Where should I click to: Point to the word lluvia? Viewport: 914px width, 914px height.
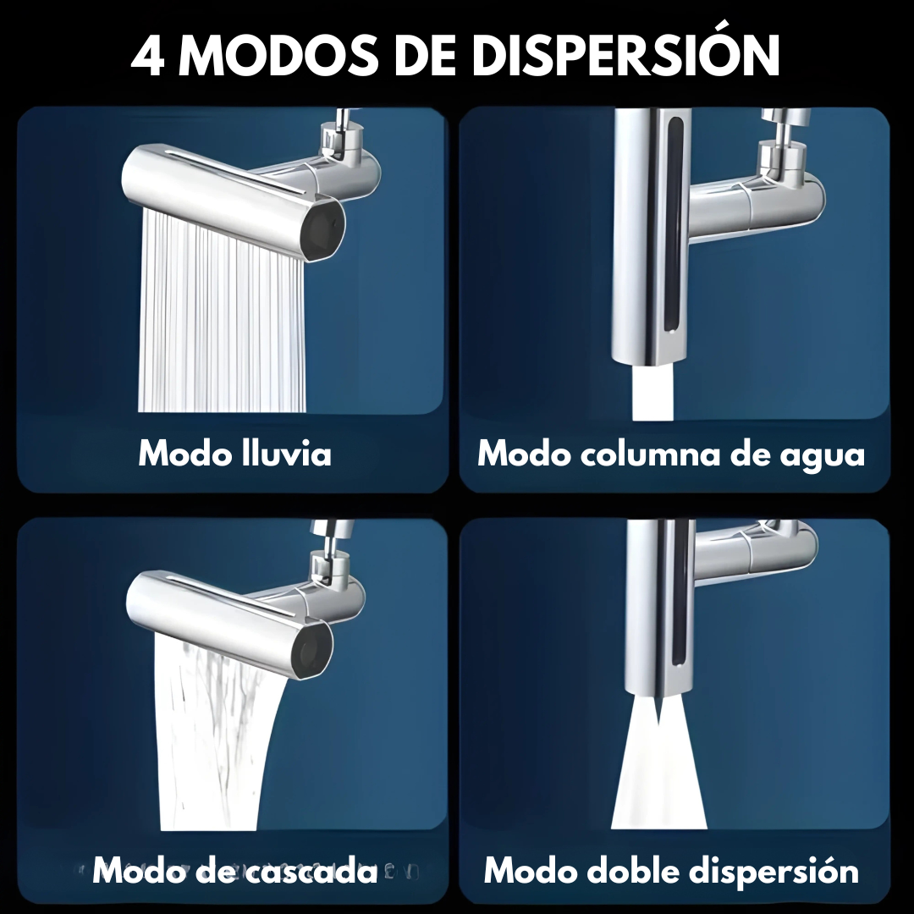pos(286,453)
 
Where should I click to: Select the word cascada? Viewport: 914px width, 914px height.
pos(313,871)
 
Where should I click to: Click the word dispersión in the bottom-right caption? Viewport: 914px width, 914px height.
pos(774,872)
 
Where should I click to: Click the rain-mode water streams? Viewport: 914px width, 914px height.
pos(222,315)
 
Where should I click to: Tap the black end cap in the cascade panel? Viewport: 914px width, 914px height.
pos(311,651)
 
